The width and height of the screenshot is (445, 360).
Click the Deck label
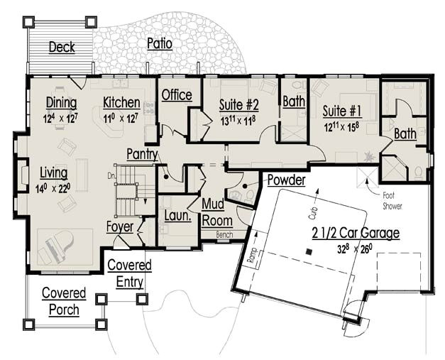click(x=62, y=48)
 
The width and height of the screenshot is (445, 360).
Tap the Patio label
click(x=159, y=44)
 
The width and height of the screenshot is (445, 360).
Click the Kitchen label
click(x=121, y=102)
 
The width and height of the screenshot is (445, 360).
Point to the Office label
click(x=177, y=95)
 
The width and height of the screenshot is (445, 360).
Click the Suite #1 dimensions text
click(x=342, y=126)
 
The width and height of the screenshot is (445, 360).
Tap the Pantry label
click(x=142, y=153)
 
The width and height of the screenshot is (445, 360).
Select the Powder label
click(x=286, y=180)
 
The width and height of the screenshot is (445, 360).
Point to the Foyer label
click(x=120, y=227)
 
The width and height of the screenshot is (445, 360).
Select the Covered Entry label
click(x=129, y=273)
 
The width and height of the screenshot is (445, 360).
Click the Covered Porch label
click(x=63, y=301)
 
